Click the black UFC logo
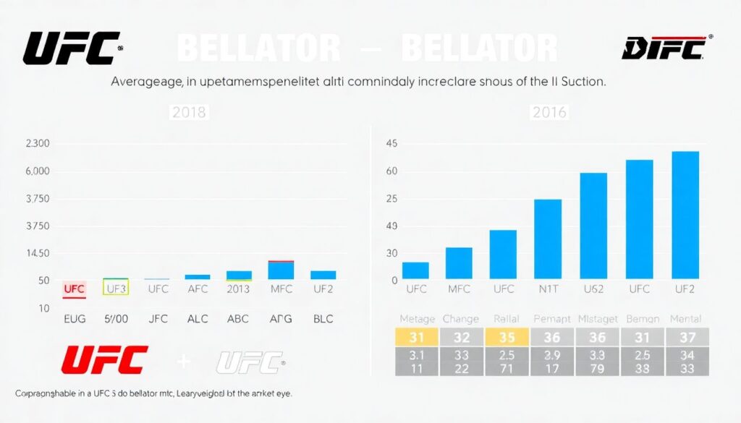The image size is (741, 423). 70,48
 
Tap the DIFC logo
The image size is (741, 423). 664,48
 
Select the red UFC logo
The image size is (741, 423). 105,359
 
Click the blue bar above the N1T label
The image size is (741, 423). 548,239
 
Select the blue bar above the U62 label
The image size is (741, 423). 593,226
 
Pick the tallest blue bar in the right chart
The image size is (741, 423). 685,215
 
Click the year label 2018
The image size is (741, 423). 188,113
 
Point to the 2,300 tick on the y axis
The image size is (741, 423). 38,144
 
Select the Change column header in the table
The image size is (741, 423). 461,318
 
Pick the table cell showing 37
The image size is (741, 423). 687,337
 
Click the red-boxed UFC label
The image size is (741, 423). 74,289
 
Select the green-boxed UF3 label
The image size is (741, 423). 116,289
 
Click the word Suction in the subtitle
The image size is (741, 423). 579,82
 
